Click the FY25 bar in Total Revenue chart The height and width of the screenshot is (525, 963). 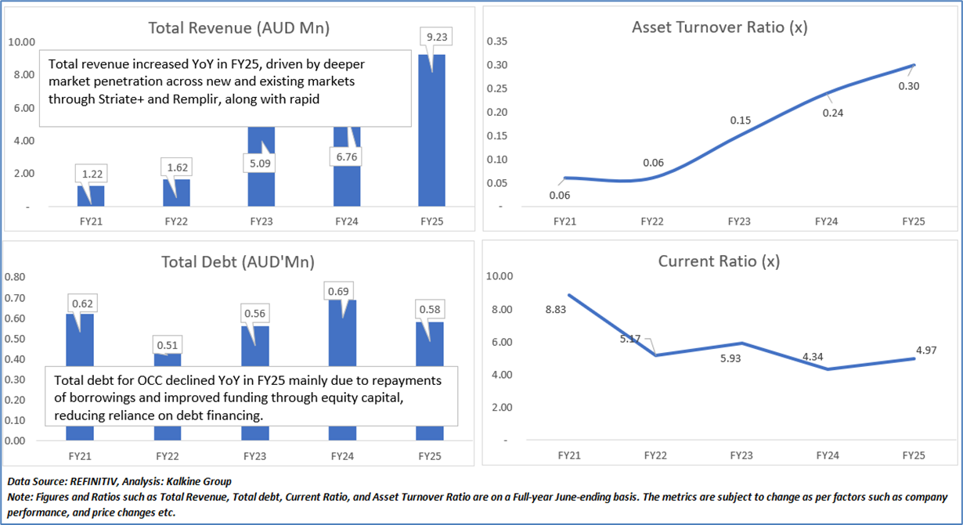[x=431, y=133]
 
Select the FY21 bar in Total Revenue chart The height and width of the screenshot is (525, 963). [x=90, y=196]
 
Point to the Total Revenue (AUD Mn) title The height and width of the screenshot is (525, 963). [x=239, y=28]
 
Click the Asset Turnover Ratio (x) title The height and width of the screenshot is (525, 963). [x=720, y=27]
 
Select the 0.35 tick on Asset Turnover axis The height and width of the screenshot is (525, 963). [x=497, y=41]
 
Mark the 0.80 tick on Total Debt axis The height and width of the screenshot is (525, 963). [x=16, y=276]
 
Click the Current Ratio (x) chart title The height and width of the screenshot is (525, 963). [x=719, y=261]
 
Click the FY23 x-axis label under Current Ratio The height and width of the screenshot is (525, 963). [x=739, y=455]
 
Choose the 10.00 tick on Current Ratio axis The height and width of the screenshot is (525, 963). [x=499, y=276]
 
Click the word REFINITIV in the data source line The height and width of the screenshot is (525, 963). [x=98, y=481]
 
